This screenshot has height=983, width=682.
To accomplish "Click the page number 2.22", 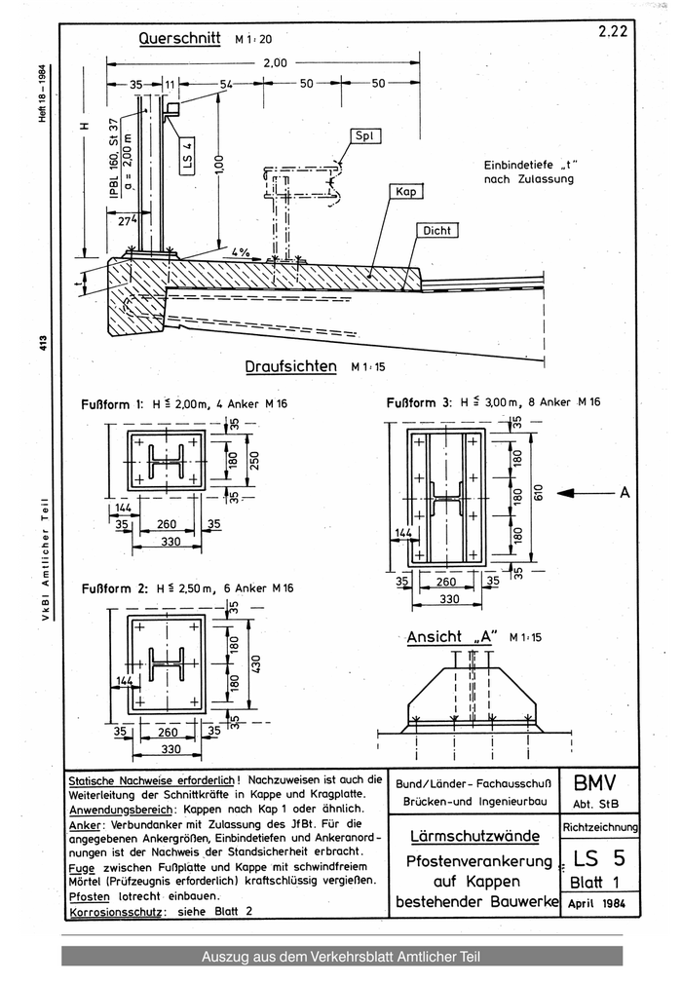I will click(614, 31).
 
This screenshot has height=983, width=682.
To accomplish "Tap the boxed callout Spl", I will click(369, 135).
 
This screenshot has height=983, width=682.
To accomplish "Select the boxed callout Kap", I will click(405, 192).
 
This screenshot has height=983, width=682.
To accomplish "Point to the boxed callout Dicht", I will click(436, 232).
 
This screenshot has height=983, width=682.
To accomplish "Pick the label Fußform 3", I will click(420, 401).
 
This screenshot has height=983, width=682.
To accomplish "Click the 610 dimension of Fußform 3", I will click(537, 491).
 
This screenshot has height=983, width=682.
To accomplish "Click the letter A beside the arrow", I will click(624, 493).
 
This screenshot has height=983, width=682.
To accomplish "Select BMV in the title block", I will click(595, 782).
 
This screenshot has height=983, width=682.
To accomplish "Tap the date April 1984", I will click(596, 903).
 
